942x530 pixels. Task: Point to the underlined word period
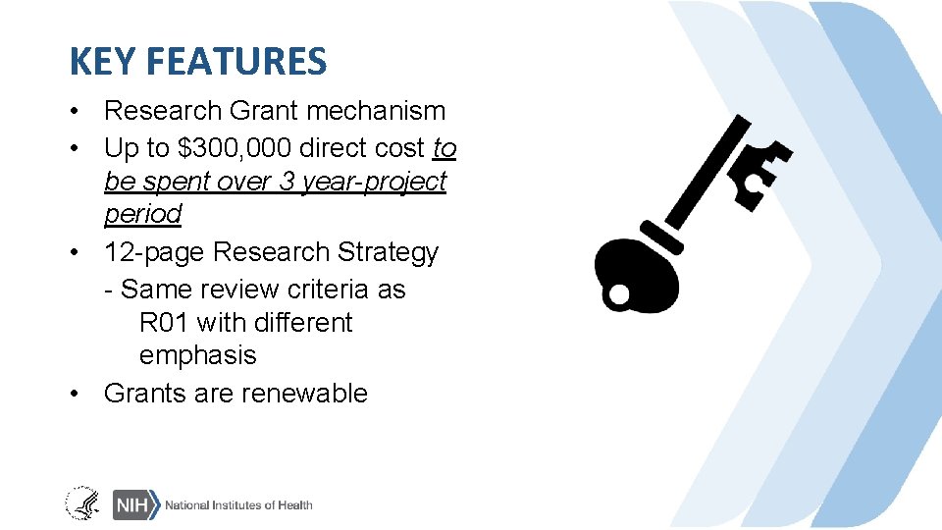click(142, 214)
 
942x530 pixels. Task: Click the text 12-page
click(154, 252)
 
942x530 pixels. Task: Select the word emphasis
click(197, 355)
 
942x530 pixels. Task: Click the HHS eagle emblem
click(82, 503)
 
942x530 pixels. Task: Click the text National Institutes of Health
click(238, 504)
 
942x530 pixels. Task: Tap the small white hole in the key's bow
click(619, 292)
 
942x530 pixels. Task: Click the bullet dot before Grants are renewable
click(75, 394)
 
